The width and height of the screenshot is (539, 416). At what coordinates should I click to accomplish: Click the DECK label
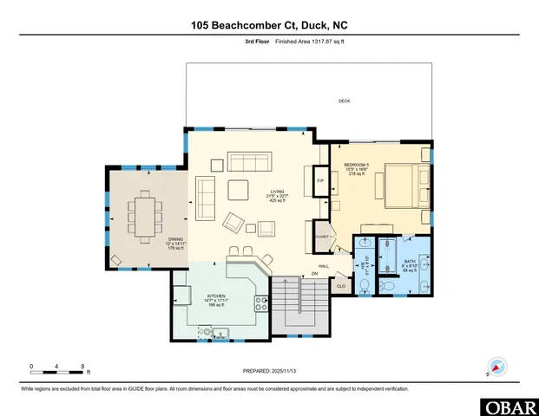[x=344, y=101]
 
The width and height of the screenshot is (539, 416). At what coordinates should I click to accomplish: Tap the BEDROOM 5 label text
[x=357, y=164]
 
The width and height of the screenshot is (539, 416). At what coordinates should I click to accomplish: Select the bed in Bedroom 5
[x=400, y=183]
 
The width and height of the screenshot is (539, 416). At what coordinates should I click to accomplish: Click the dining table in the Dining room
[x=143, y=212]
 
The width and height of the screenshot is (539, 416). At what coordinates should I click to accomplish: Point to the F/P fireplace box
[x=319, y=180]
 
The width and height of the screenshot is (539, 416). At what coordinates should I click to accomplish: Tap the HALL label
[x=323, y=266]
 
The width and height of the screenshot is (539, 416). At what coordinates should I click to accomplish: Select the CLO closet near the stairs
[x=341, y=285]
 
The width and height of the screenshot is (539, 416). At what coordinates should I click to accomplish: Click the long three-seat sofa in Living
[x=249, y=161]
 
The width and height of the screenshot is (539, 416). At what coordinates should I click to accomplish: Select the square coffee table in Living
[x=238, y=190]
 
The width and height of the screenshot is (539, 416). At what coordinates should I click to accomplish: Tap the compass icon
[x=496, y=367]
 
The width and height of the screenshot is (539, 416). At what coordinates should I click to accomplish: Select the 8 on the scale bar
[x=82, y=366]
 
